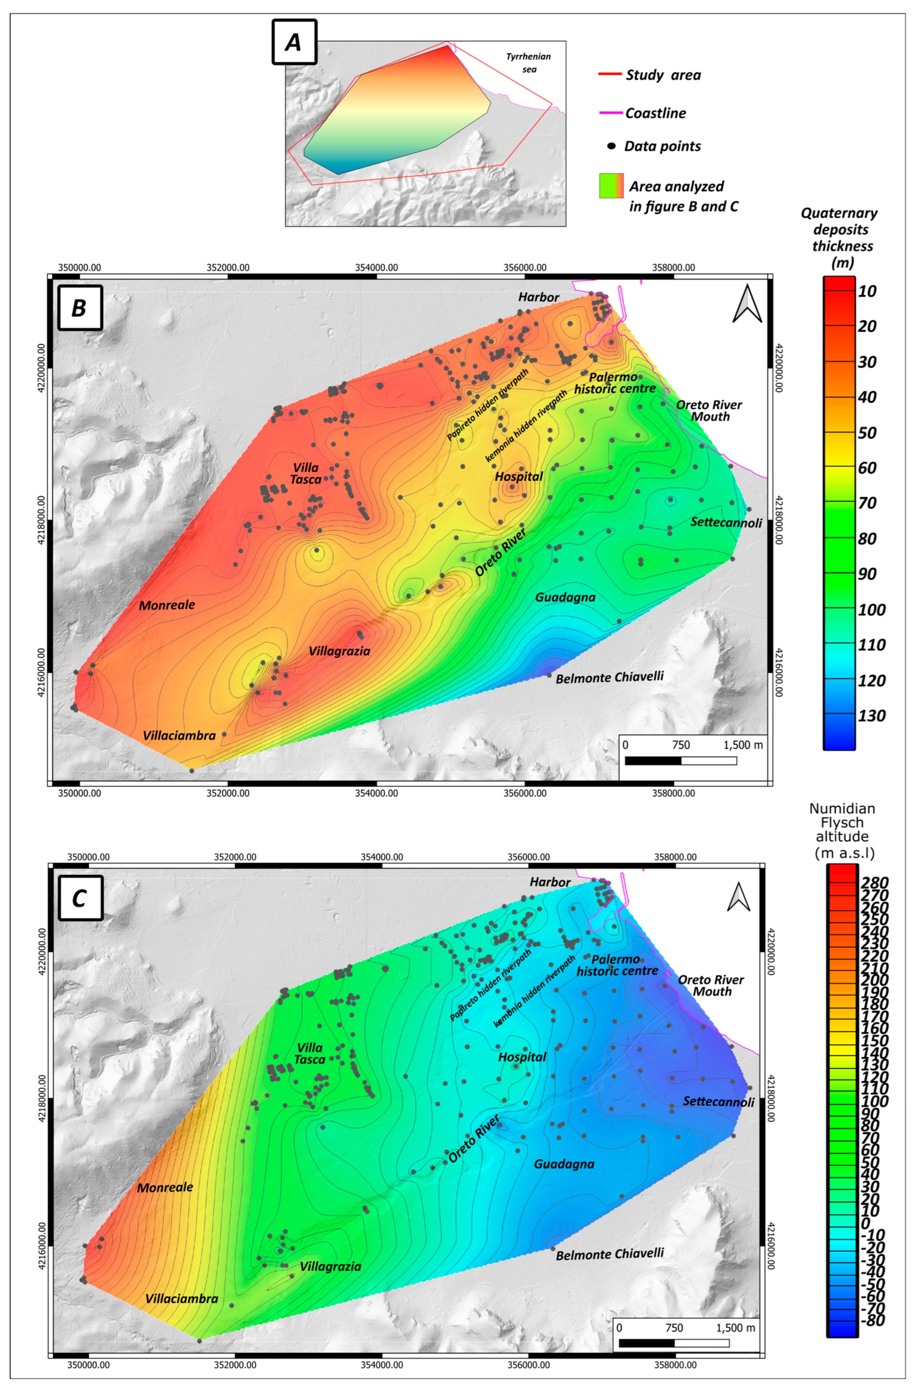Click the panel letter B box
[80, 307]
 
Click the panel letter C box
[80, 898]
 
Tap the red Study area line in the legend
[609, 75]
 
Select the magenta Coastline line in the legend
[609, 113]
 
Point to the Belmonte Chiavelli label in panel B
[609, 678]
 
